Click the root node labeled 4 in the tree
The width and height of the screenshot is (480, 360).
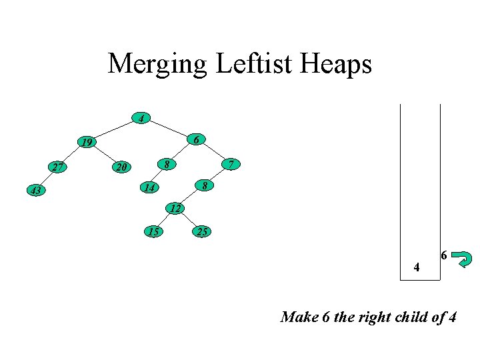(x=141, y=119)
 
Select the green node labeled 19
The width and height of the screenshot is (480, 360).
(x=86, y=142)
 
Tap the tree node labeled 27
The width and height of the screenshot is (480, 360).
(x=58, y=167)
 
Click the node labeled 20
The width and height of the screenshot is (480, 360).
(x=121, y=167)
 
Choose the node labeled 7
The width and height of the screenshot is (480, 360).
(x=230, y=164)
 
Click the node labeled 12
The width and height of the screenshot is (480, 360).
(x=175, y=209)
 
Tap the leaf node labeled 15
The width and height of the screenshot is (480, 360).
(x=154, y=232)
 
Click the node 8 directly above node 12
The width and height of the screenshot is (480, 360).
(x=206, y=185)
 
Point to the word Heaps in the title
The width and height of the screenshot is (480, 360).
(x=338, y=65)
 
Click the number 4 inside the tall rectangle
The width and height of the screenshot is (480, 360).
(x=417, y=268)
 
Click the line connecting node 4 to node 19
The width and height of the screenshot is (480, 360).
(x=113, y=129)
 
